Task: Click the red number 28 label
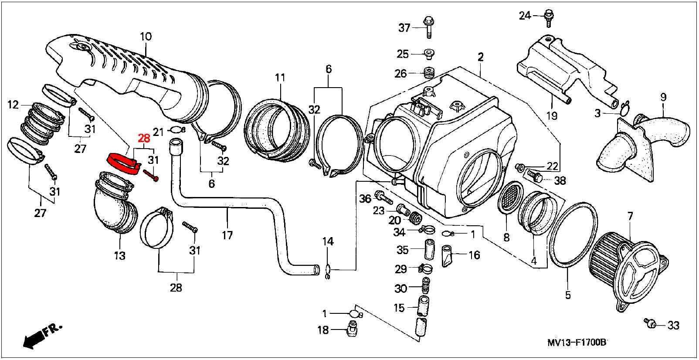(143, 138)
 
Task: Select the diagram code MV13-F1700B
(577, 343)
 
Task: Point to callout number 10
(146, 37)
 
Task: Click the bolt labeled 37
(429, 27)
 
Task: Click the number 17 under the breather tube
(227, 235)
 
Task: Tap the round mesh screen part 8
(509, 198)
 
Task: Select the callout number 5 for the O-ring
(568, 295)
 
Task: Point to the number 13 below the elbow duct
(120, 256)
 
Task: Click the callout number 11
(280, 78)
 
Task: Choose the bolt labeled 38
(535, 176)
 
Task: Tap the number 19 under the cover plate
(552, 116)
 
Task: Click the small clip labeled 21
(176, 129)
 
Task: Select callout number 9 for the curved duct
(663, 97)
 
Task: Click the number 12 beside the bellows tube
(13, 105)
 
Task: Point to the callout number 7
(630, 216)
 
